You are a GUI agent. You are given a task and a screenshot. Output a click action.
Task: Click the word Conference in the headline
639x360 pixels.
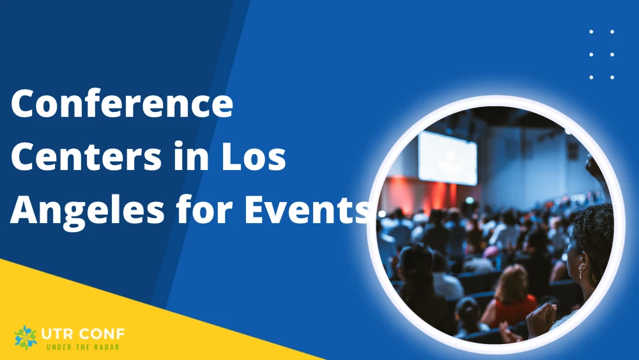121,104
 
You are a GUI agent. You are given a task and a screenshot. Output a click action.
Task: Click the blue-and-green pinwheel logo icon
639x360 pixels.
26,337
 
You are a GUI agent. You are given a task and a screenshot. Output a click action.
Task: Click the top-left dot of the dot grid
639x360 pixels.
591,31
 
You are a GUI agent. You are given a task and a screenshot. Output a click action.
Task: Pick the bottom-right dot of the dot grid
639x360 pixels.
612,77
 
